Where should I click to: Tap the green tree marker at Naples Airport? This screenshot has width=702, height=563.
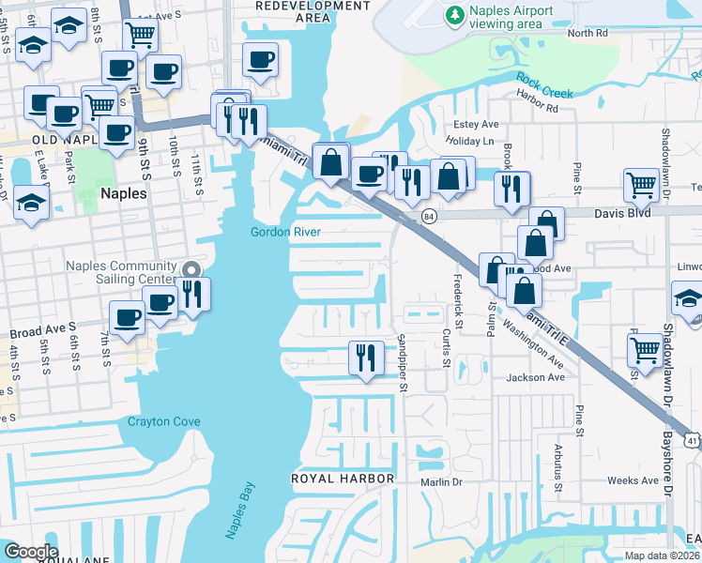(x=455, y=15)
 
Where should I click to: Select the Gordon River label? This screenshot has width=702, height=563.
(x=286, y=232)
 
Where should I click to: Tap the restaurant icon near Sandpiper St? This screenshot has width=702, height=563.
(x=365, y=357)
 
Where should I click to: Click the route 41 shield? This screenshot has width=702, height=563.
(x=692, y=439)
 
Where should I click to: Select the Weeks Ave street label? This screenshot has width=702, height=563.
(x=632, y=480)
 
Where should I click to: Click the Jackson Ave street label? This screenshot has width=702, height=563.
(x=536, y=377)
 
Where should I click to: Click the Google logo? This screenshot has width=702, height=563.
(x=31, y=552)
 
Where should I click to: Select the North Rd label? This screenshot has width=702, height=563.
(x=588, y=33)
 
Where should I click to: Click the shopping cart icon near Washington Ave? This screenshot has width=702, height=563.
(x=645, y=348)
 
